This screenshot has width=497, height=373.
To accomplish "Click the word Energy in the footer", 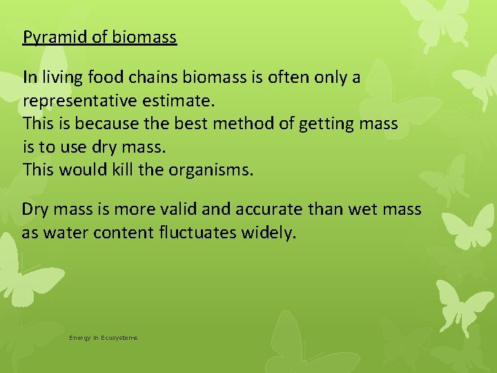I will (80, 338).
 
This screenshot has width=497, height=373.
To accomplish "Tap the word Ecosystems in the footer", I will (119, 338).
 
